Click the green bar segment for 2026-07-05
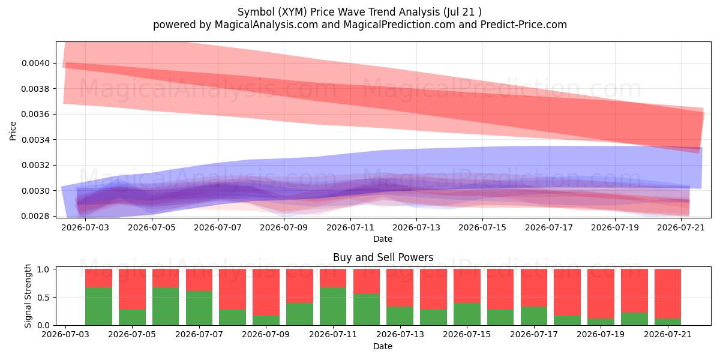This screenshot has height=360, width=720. pyautogui.click(x=132, y=317)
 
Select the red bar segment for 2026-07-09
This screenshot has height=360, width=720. pyautogui.click(x=266, y=292)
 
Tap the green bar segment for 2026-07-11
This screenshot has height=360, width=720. pyautogui.click(x=333, y=307)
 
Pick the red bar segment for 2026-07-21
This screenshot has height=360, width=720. pyautogui.click(x=668, y=294)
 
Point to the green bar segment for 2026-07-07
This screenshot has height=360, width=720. pyautogui.click(x=199, y=308)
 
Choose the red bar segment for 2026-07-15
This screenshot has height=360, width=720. pyautogui.click(x=467, y=286)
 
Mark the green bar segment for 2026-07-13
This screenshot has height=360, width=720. pyautogui.click(x=400, y=316)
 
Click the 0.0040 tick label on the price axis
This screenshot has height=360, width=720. pyautogui.click(x=35, y=64)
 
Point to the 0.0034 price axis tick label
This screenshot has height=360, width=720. pyautogui.click(x=35, y=140)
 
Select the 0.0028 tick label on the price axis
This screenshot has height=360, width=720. pyautogui.click(x=35, y=217)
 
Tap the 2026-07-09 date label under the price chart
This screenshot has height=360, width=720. pyautogui.click(x=284, y=227)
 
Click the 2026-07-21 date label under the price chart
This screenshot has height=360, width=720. pyautogui.click(x=681, y=227)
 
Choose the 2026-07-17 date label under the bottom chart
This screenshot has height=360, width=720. pyautogui.click(x=534, y=335)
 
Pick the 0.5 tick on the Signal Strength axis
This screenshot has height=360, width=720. pyautogui.click(x=43, y=298)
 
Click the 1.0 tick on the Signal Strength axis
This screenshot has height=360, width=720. pyautogui.click(x=43, y=269)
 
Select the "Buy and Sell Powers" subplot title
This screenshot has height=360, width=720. pyautogui.click(x=383, y=257)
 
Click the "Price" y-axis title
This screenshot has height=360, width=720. pyautogui.click(x=13, y=131)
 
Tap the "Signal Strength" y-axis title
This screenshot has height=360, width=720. pyautogui.click(x=28, y=296)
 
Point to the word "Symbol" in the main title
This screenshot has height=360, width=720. pyautogui.click(x=256, y=12)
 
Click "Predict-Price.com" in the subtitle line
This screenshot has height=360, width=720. pyautogui.click(x=524, y=25)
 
